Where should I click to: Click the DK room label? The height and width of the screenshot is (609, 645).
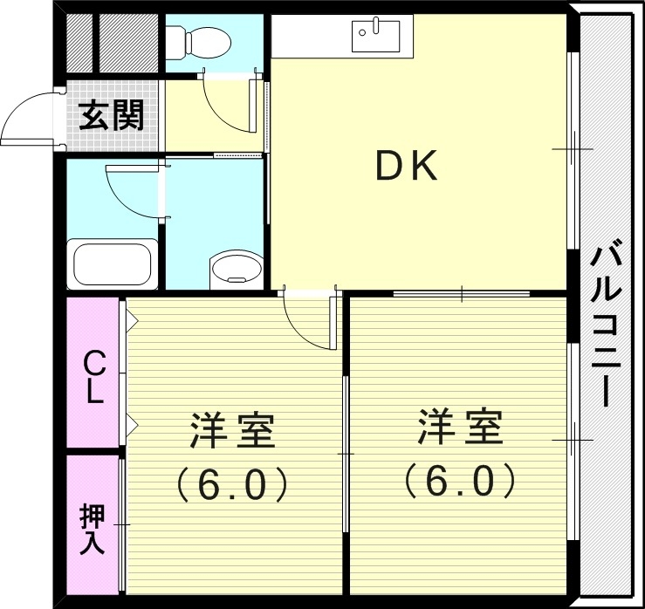(407, 167)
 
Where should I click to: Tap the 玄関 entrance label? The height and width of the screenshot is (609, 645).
(111, 115)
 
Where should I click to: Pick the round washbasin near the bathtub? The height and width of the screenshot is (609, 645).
(235, 267)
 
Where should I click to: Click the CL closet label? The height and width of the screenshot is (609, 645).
(93, 376)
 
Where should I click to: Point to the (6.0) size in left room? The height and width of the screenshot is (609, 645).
(233, 482)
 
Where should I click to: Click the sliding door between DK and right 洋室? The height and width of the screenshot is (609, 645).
(461, 294)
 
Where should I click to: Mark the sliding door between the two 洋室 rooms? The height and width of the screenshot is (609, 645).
(345, 454)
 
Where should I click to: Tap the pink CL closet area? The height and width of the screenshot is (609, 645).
(93, 410)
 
